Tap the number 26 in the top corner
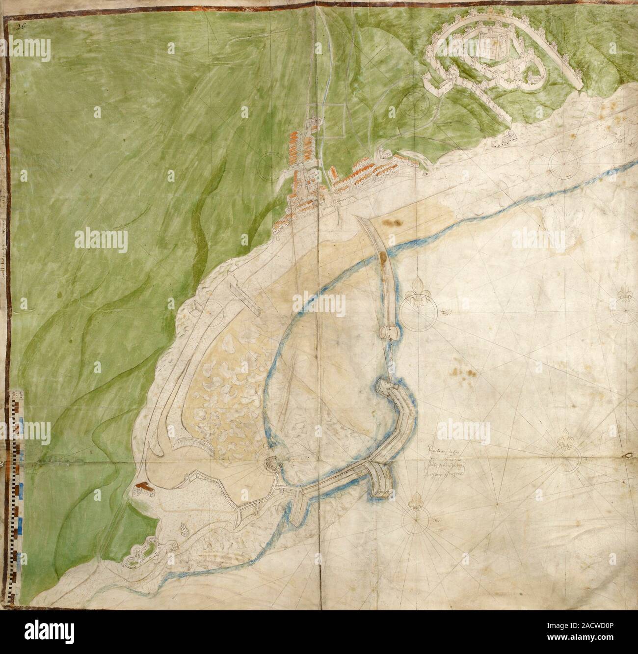click(20, 14)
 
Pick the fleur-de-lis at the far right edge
click(626, 297)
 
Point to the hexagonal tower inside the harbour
click(269, 462)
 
